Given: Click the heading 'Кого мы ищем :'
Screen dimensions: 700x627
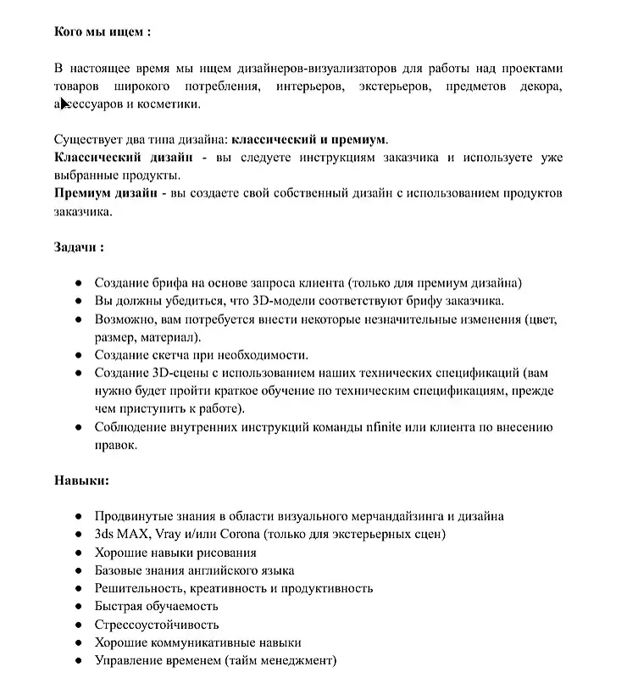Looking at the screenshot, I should click(103, 32).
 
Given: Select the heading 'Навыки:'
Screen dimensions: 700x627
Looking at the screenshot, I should click(81, 481).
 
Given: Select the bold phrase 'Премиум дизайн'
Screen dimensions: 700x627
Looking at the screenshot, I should click(106, 193).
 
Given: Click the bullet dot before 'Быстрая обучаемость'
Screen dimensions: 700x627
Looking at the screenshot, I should click(78, 607).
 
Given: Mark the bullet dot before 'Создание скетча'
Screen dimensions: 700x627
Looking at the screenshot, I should click(78, 355).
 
